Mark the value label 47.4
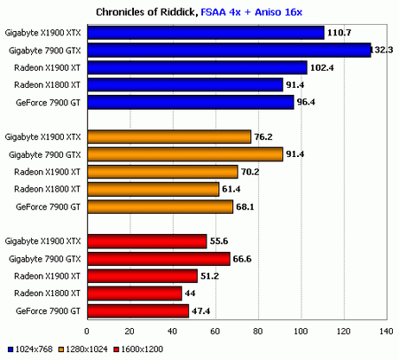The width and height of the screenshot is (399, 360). coord(201,310)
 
